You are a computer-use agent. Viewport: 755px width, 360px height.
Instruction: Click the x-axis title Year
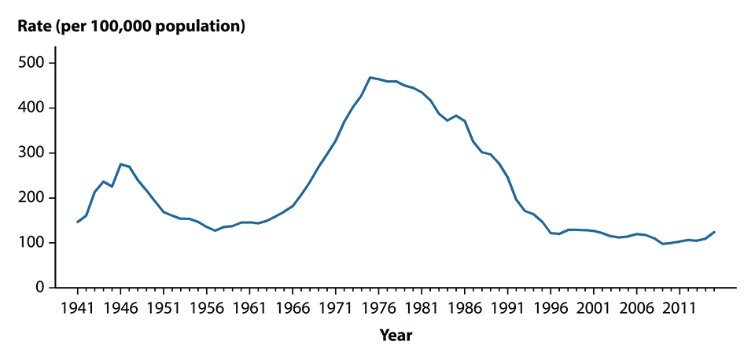coord(396,336)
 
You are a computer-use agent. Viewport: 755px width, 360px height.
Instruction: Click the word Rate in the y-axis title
coord(35,27)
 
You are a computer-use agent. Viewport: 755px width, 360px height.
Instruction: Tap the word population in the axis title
coord(204,27)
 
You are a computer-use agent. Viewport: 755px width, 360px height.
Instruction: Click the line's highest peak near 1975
coord(370,77)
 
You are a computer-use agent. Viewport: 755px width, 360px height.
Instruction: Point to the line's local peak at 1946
coord(120,164)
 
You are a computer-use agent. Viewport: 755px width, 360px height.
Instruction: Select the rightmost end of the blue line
coord(714,232)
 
